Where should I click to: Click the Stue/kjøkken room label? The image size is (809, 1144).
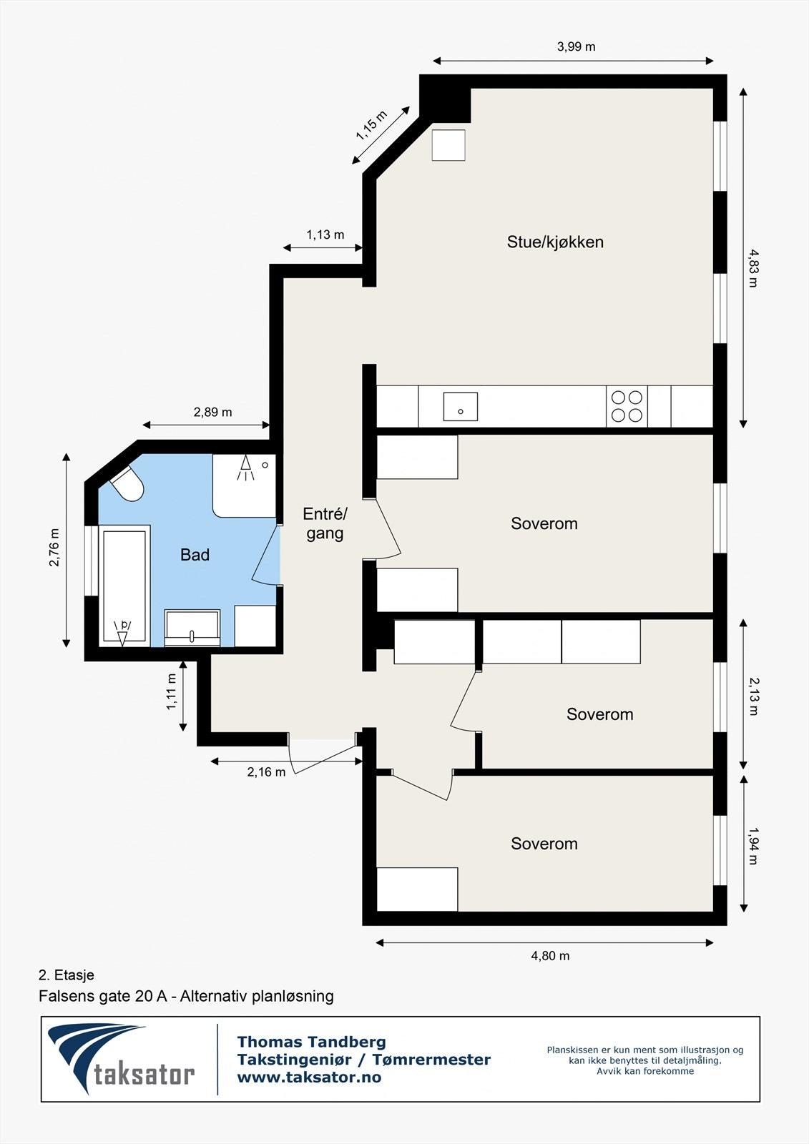555,242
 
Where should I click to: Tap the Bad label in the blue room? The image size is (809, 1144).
195,555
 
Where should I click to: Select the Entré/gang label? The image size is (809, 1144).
325,523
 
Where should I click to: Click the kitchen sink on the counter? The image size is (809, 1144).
460,406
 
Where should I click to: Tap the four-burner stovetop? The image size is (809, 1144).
627,406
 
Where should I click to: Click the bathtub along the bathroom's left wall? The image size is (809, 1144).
124,585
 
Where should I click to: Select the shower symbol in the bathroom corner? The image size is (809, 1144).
245,468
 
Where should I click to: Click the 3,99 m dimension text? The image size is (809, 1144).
576,47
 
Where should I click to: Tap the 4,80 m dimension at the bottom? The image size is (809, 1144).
550,956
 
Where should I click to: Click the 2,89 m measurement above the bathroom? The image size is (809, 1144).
212,413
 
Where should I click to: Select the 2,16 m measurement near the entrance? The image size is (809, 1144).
266,772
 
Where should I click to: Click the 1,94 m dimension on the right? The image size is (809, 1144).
753,846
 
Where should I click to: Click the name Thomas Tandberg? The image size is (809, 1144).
311,1042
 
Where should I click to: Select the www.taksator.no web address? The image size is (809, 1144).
309,1078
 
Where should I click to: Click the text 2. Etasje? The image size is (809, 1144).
66,975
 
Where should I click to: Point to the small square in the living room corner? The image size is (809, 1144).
448,145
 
